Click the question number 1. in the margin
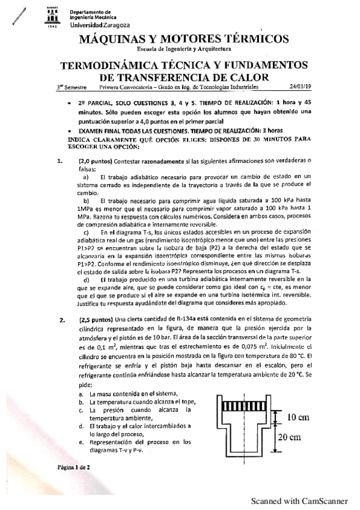[59, 161]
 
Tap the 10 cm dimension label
[298, 417]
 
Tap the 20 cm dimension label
[298, 437]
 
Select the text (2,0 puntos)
[95, 161]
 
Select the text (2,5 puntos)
[95, 319]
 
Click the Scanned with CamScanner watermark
[299, 500]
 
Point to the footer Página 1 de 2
[74, 467]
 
